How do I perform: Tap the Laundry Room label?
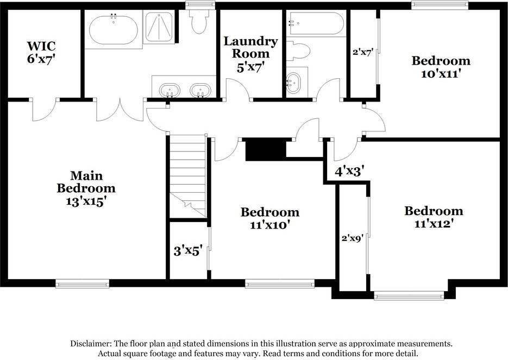coord(250,41)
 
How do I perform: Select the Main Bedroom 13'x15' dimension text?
coord(86,200)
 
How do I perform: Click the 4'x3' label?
coord(349,172)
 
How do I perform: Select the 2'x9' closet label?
coord(352,238)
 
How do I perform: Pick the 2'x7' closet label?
coord(362,53)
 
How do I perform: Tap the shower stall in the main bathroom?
coord(159,27)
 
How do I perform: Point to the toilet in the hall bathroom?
coord(298,51)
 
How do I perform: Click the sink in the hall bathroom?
coord(293,84)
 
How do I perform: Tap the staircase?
coord(187,174)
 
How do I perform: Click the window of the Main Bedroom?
coord(82,283)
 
